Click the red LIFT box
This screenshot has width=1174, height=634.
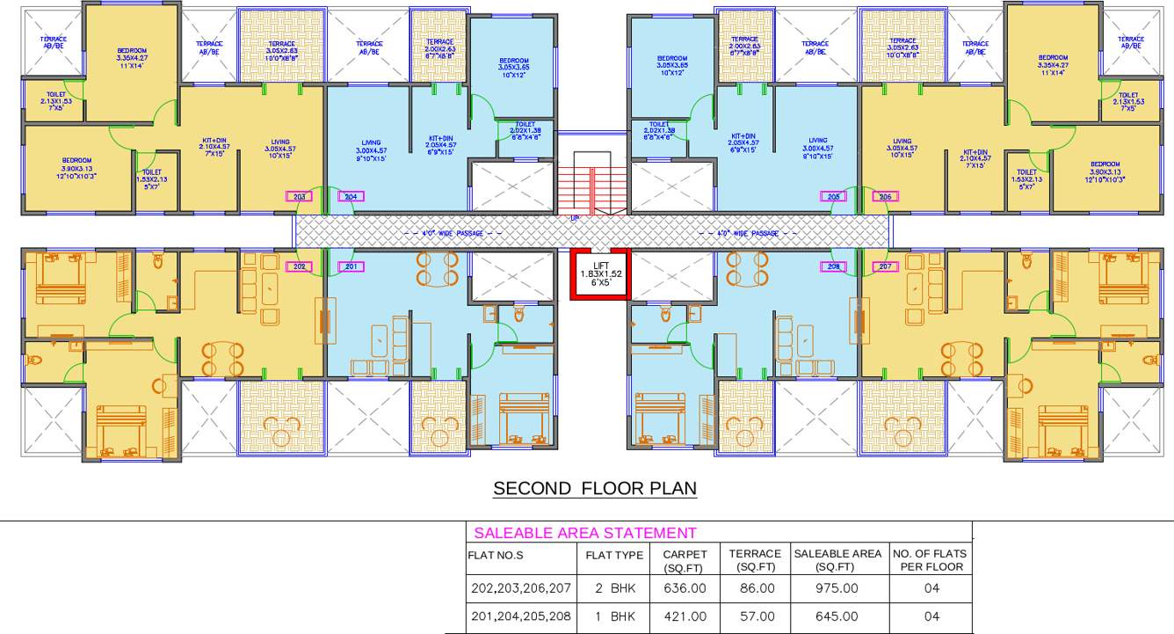pos(600,274)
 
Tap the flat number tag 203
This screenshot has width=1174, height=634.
pos(299,197)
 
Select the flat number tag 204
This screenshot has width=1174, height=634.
pos(351,197)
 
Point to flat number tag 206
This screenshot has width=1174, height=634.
pos(885,197)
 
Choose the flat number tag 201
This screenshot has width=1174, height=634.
pos(351,266)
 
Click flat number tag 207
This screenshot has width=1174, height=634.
pos(885,266)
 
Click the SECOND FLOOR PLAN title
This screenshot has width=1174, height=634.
pos(595,488)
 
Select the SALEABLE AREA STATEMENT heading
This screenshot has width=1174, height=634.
pos(584,533)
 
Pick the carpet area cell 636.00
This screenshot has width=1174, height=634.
pos(684,588)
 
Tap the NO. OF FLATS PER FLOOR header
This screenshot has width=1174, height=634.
pos(929,560)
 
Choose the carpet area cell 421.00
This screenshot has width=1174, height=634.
pos(684,616)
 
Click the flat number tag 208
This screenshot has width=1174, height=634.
pos(833,266)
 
